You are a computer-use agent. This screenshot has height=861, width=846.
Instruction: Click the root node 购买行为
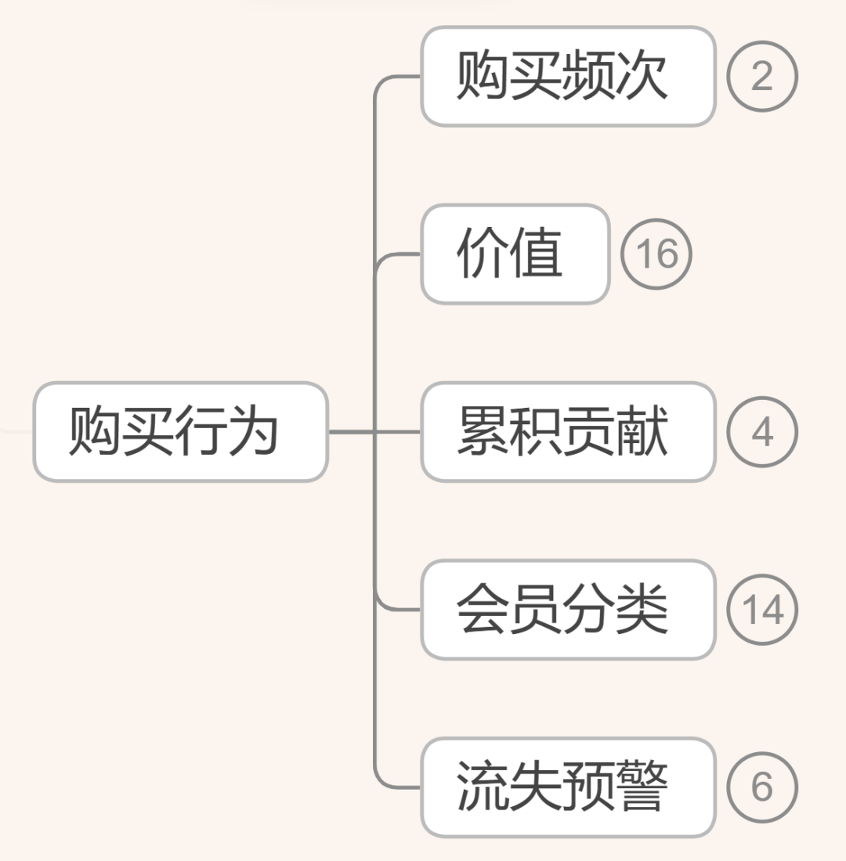180,431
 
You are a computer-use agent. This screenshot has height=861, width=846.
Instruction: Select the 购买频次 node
568,77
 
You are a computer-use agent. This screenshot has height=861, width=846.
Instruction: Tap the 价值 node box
515,254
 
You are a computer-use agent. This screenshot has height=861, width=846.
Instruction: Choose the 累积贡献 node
568,431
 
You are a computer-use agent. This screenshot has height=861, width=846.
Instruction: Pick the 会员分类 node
568,609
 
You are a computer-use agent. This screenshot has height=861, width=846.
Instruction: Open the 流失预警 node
568,787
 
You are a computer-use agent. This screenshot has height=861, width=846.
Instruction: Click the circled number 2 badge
761,77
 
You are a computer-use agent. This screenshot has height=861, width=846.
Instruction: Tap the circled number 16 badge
656,254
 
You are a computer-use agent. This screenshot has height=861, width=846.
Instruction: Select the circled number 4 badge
761,431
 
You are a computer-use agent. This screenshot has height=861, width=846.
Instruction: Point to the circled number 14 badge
761,609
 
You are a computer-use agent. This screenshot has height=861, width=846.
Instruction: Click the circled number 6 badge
761,787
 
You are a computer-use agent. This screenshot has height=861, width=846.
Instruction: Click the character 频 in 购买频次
589,77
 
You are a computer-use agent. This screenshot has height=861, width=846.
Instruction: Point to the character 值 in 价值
537,254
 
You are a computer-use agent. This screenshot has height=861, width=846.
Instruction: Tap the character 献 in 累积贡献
642,431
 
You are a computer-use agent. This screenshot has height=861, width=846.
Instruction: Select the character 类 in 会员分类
642,609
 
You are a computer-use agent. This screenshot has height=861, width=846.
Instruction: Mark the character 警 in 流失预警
642,787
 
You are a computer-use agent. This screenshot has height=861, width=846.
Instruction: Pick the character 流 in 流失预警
483,787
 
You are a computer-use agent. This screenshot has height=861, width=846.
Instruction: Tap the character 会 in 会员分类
483,609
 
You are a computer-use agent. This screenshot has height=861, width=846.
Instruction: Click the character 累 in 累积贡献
483,431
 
